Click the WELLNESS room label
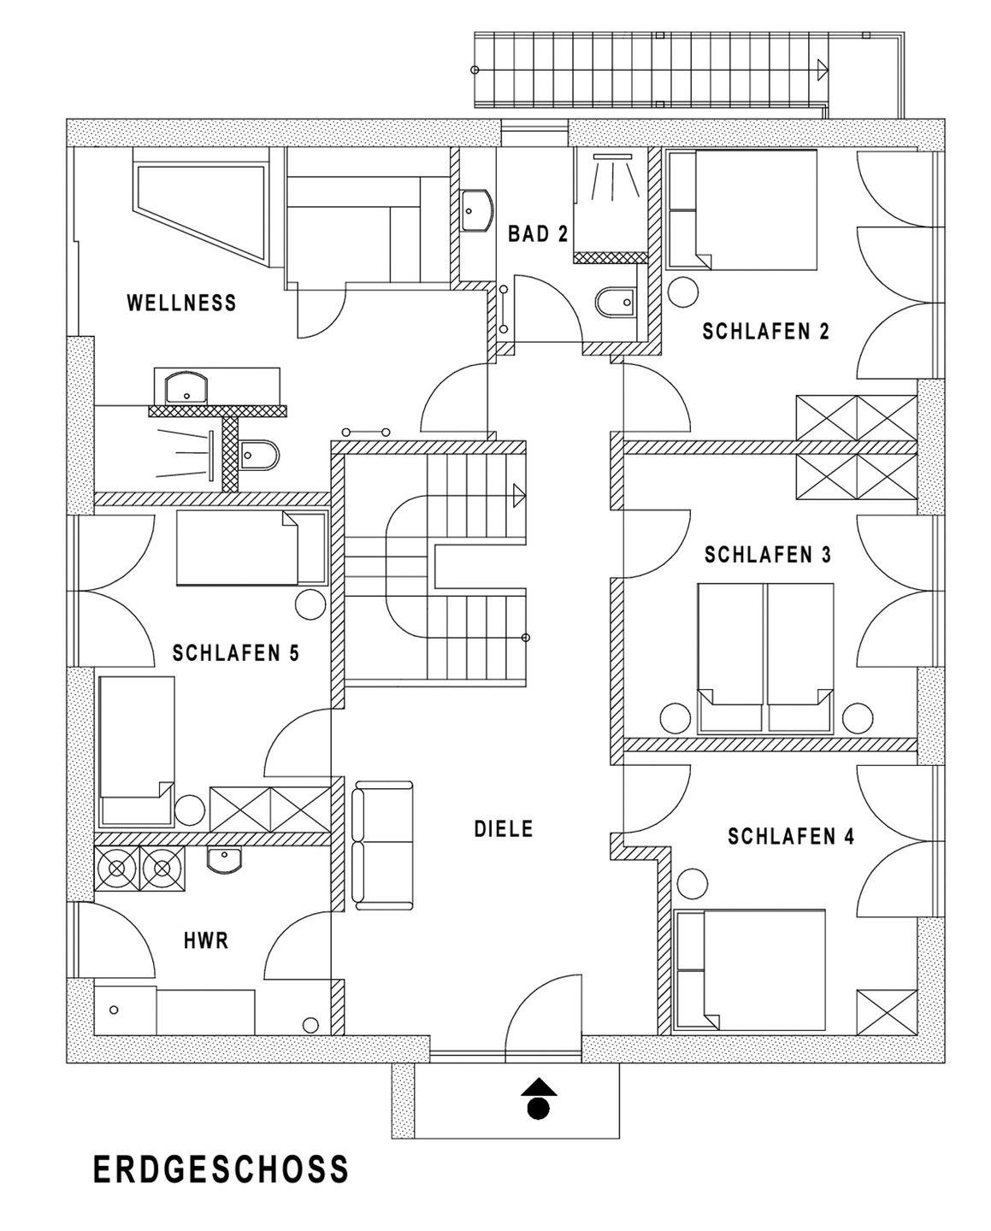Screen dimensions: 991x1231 coord(181,303)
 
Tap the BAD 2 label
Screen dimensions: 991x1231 coord(538,234)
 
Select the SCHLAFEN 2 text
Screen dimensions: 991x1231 coord(765,332)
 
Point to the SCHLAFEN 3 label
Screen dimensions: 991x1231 coord(767,555)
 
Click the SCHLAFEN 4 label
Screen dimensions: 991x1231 coord(791,836)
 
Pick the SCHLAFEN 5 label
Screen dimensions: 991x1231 coord(236,653)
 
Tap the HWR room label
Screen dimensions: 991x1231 coord(206,940)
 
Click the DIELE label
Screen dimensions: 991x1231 coord(504,829)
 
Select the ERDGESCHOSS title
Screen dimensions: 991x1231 coord(221,1169)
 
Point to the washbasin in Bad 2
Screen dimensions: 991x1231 coord(476,210)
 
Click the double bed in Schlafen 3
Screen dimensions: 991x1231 coord(765,658)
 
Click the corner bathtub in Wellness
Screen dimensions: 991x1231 coord(201,207)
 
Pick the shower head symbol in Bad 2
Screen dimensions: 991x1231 coord(612,156)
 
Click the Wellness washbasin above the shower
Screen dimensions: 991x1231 coord(186,387)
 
